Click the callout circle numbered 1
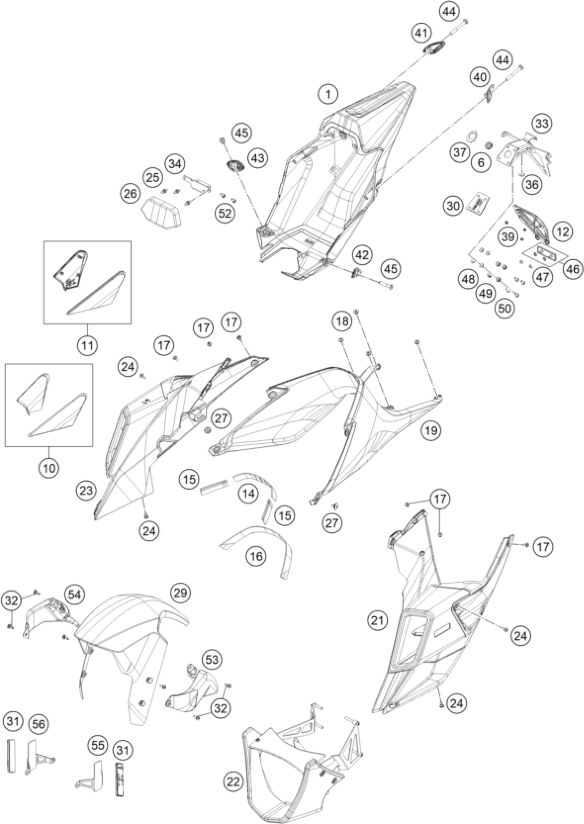[x=328, y=95]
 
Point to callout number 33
[x=542, y=123]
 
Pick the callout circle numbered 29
[x=180, y=592]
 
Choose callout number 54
[x=75, y=595]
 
